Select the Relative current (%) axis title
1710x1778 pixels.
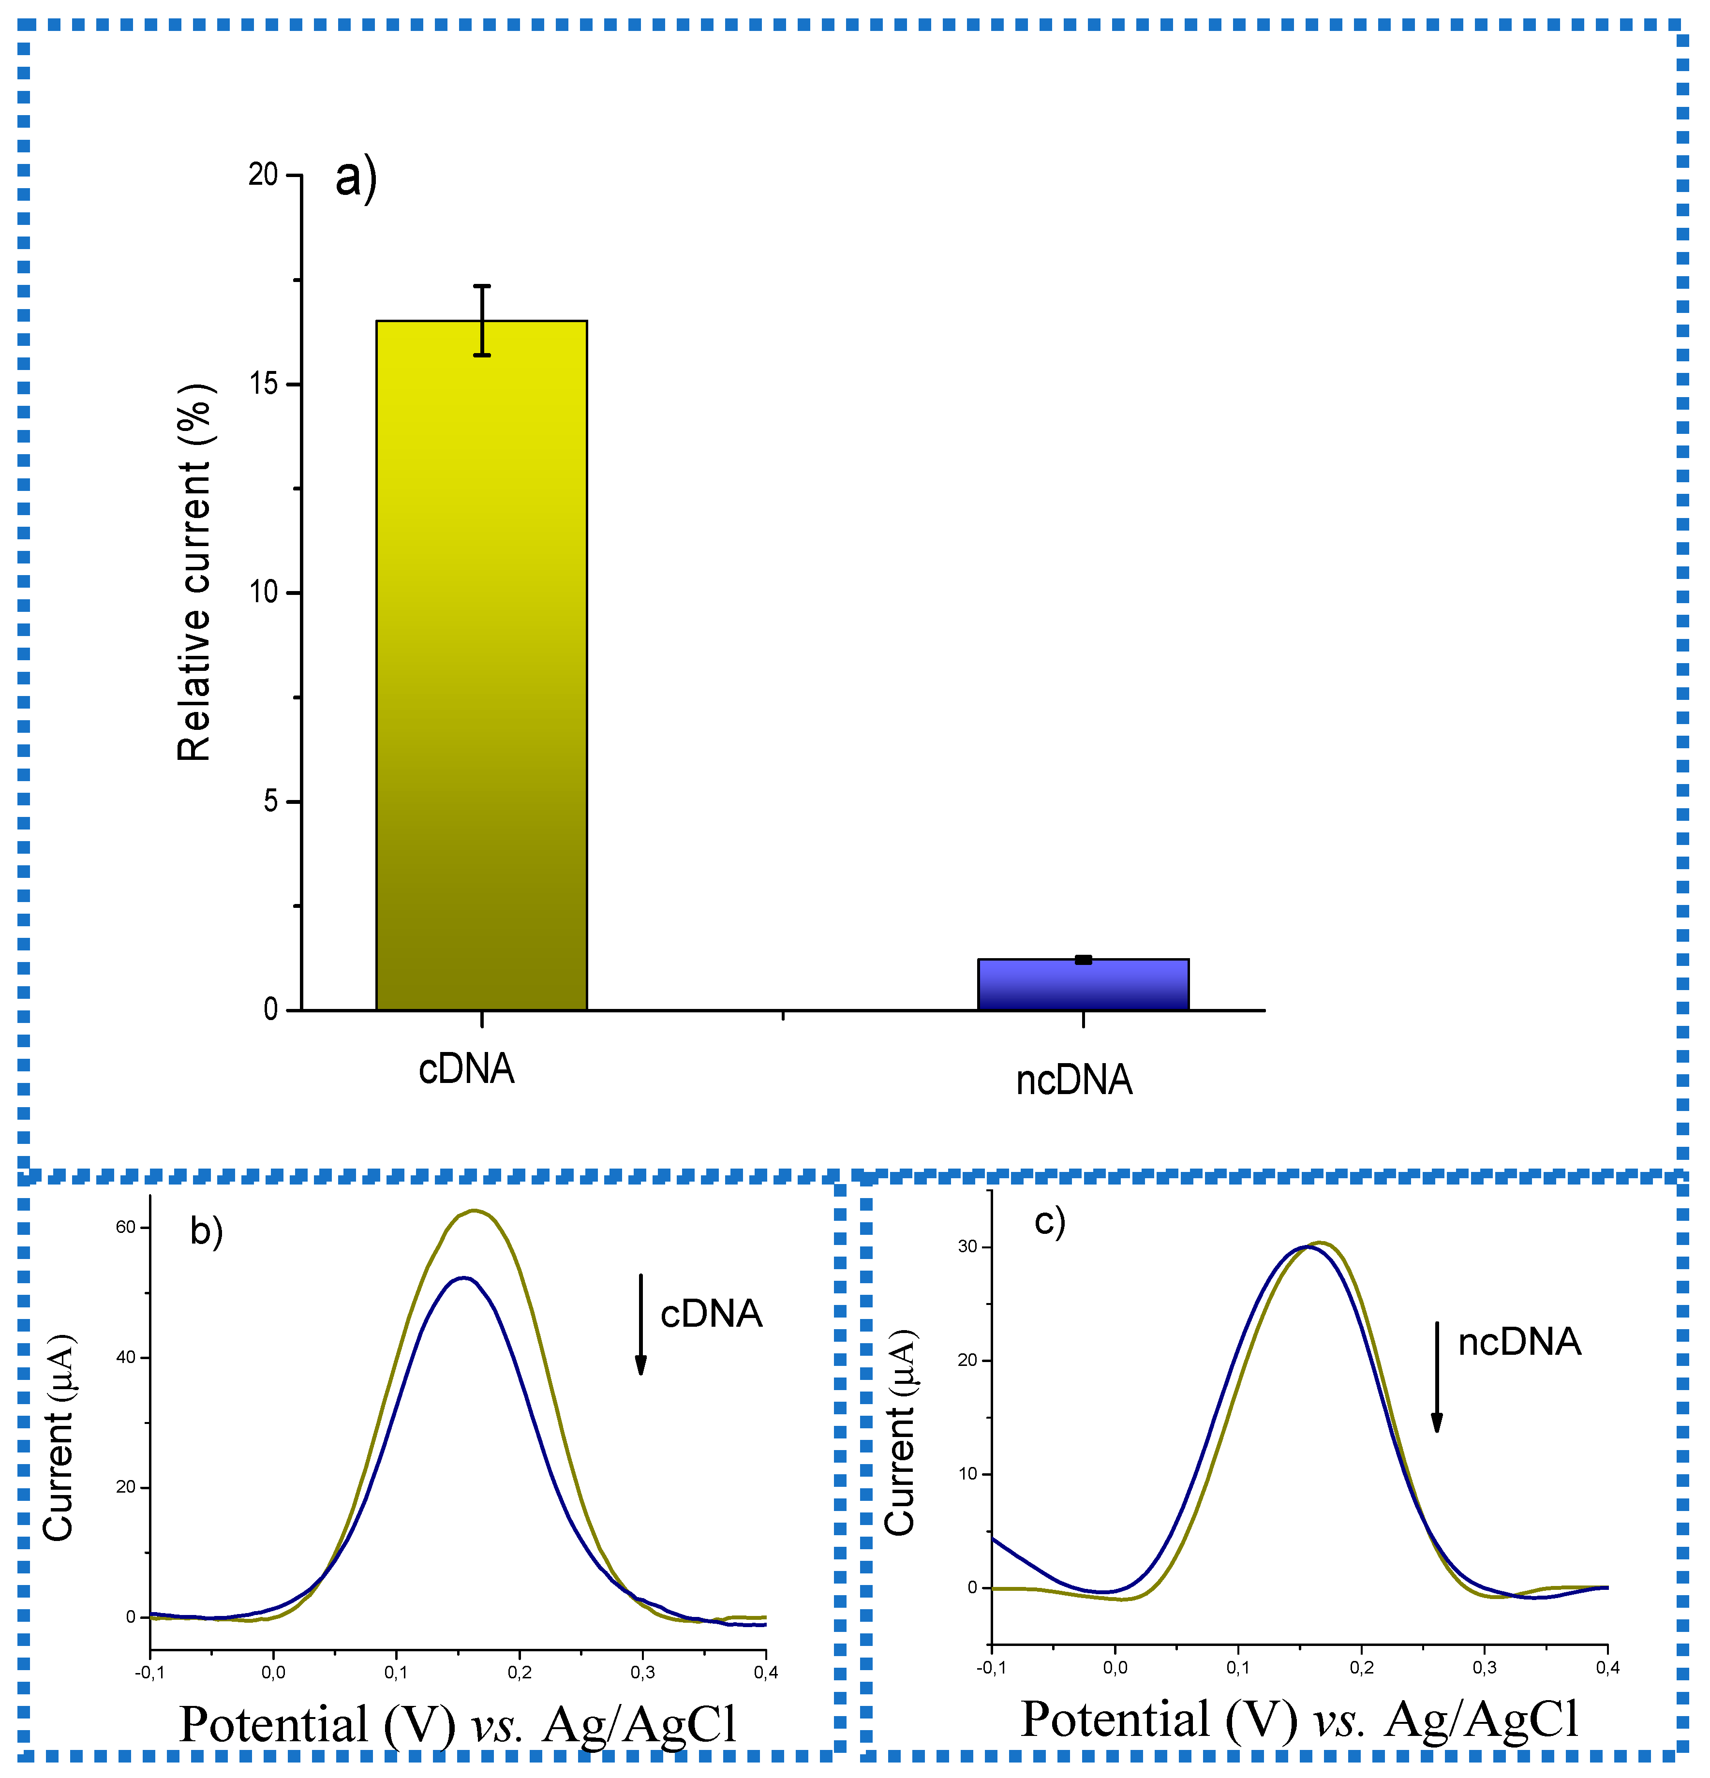pyautogui.click(x=194, y=572)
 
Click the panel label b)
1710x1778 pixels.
pyautogui.click(x=206, y=1232)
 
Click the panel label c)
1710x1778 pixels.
pyautogui.click(x=1050, y=1222)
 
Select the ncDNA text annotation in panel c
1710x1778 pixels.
pyautogui.click(x=1519, y=1343)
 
